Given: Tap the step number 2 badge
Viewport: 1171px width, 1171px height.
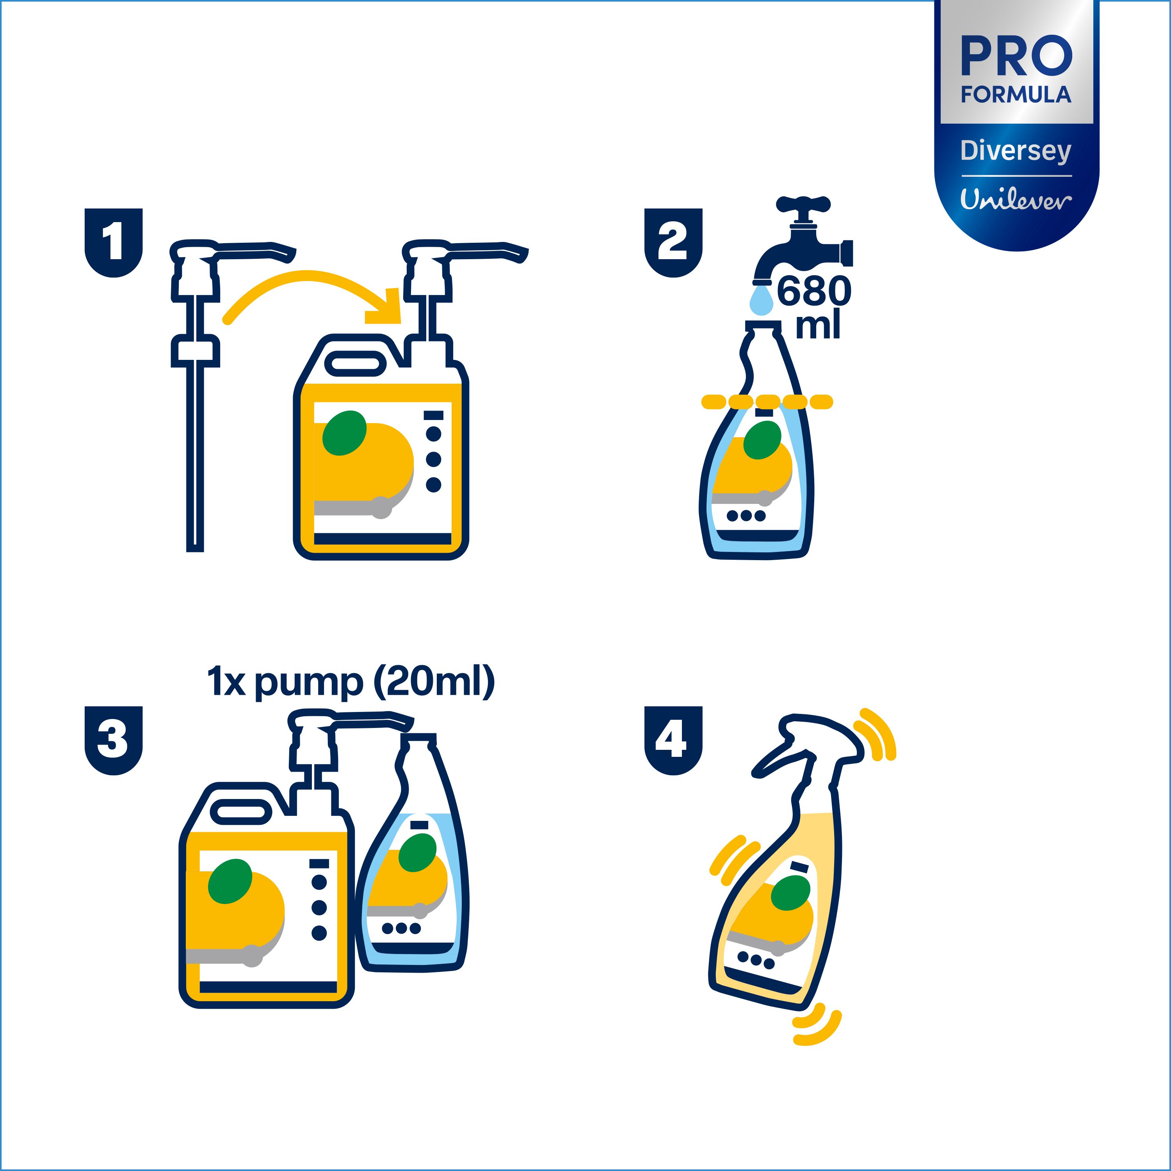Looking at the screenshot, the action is (x=673, y=242).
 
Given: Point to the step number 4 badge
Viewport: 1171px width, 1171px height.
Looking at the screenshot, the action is (x=673, y=741).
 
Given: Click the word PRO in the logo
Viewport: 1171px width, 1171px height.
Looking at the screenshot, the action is (x=1016, y=56).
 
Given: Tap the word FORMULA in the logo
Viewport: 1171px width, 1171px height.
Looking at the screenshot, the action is (x=1016, y=94).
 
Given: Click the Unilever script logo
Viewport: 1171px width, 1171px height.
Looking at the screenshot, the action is (x=1016, y=199).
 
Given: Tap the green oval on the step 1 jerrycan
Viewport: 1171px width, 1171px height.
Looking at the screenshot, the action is (x=344, y=433).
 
